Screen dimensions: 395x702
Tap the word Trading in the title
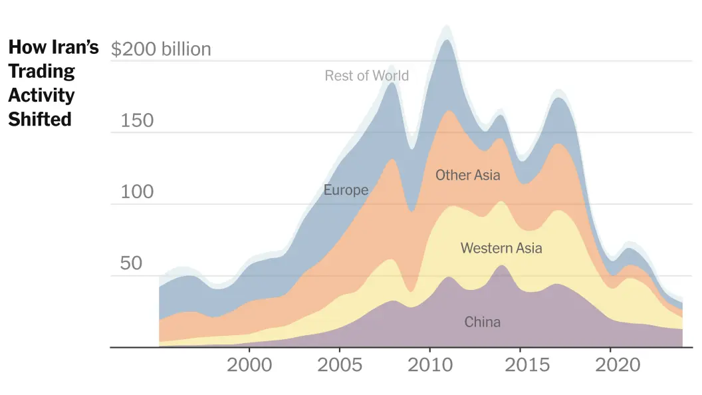tap(41, 71)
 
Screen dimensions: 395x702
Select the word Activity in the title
tap(41, 95)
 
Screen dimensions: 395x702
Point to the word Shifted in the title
tap(40, 119)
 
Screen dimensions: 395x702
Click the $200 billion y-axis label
tap(161, 49)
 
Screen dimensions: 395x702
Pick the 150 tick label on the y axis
tap(137, 120)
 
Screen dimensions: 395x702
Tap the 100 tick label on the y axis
tap(137, 192)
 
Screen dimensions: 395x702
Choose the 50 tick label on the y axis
tap(131, 263)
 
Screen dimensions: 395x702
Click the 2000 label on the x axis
tap(249, 365)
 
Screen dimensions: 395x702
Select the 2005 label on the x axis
tap(340, 365)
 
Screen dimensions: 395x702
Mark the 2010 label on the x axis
tap(429, 365)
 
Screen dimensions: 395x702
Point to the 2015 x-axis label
tap(520, 365)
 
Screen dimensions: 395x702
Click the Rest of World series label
tap(366, 76)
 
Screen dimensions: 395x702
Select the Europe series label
tap(346, 190)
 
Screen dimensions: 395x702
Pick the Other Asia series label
tap(467, 176)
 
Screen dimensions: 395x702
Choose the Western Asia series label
tap(501, 248)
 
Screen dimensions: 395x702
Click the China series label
tap(482, 323)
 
